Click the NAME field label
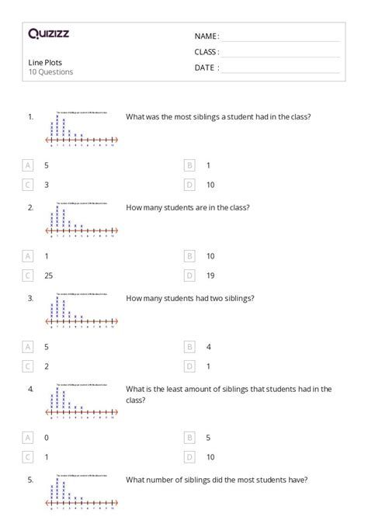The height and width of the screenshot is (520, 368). tap(207, 36)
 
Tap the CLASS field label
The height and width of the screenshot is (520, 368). tap(207, 52)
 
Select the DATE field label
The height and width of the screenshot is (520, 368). tap(206, 68)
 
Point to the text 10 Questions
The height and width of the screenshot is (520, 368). tap(50, 72)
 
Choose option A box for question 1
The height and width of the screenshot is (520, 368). tap(29, 165)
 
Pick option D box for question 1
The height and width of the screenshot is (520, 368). tap(189, 185)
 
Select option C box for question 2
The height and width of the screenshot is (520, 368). tap(29, 275)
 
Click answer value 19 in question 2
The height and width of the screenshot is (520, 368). tap(210, 275)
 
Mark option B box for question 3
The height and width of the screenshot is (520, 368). tap(189, 346)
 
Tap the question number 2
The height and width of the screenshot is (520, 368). tap(30, 207)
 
